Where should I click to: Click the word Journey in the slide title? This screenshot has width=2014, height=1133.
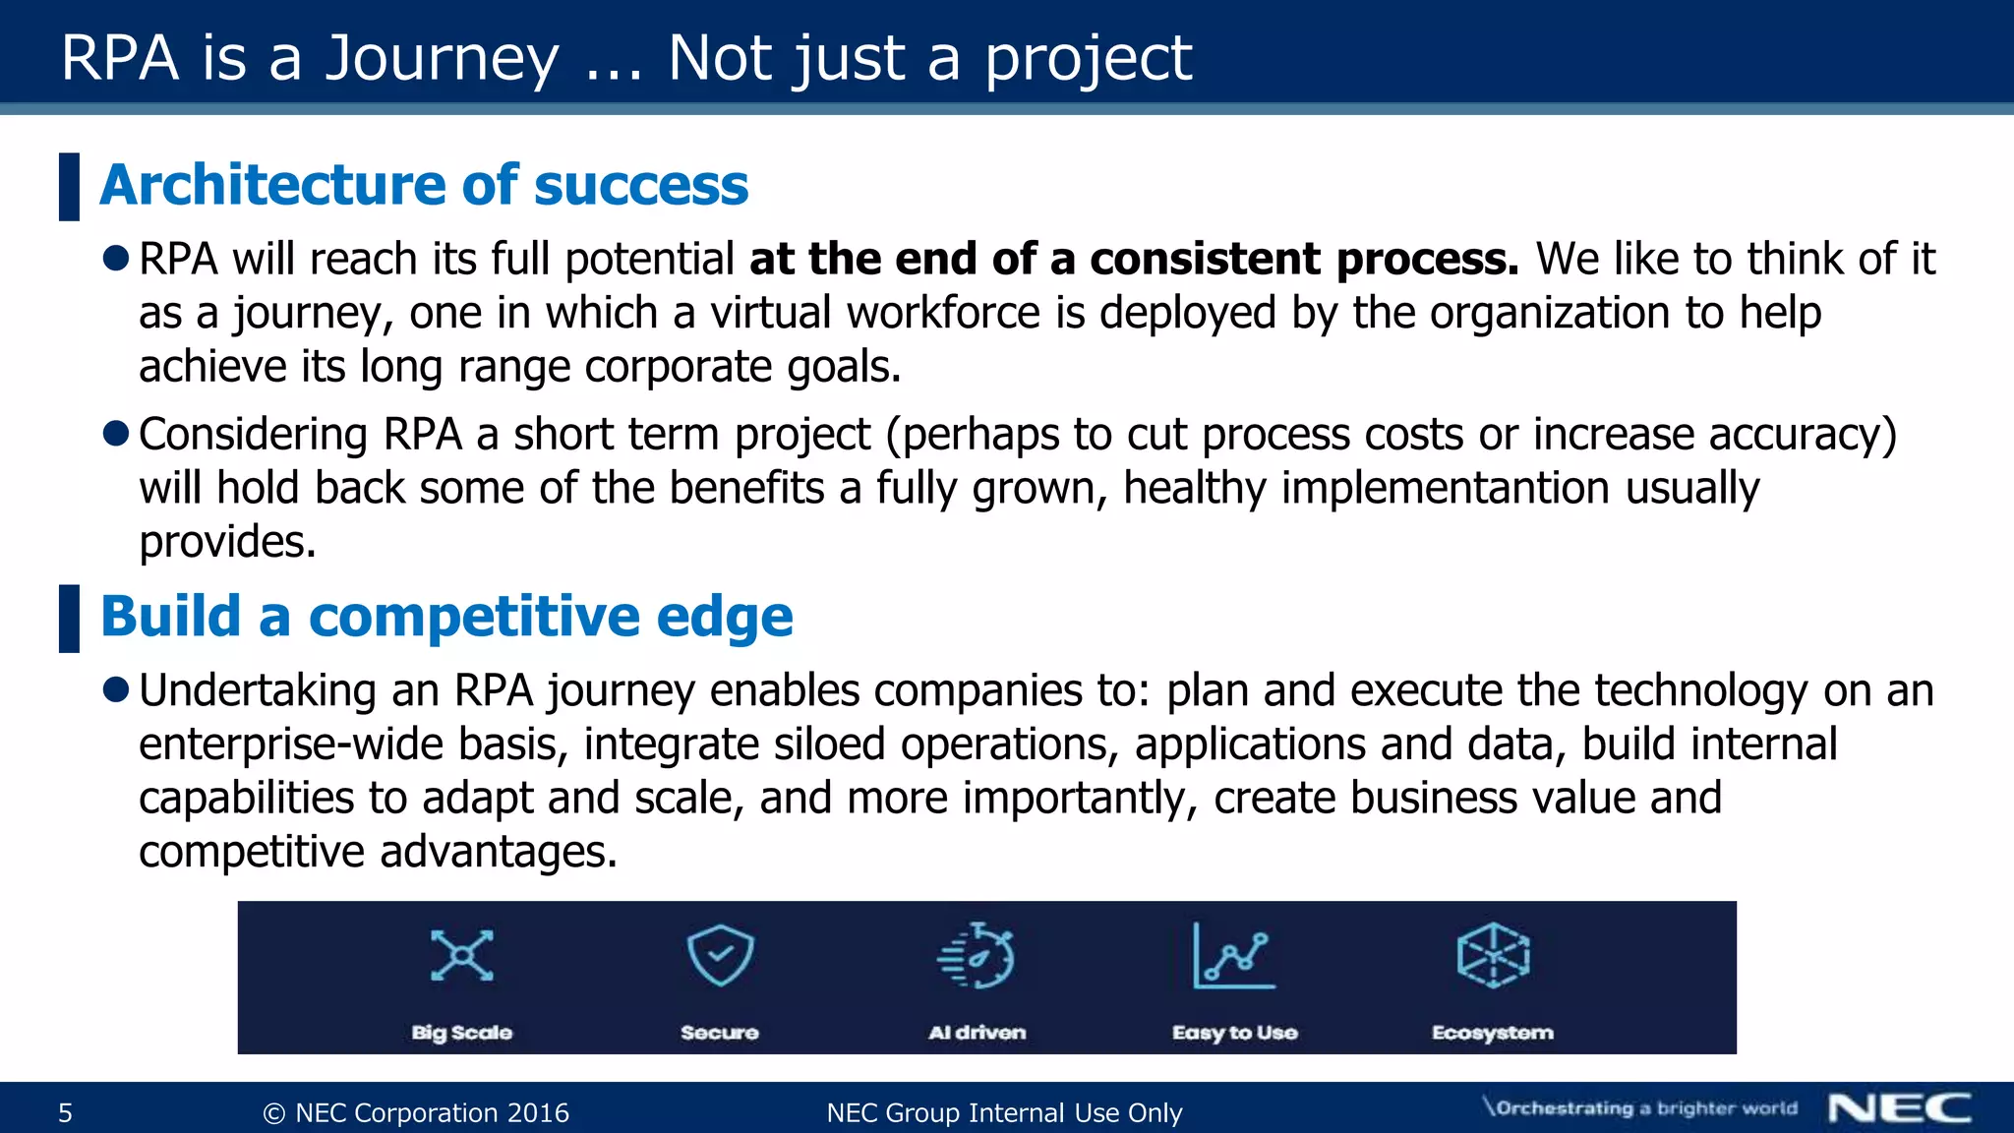442,59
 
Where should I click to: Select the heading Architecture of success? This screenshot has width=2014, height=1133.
424,185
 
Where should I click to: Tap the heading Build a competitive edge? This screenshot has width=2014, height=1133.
446,617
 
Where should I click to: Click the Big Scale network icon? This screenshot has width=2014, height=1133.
462,955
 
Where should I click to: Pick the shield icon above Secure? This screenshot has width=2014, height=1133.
720,955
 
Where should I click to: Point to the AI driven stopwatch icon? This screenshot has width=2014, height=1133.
977,955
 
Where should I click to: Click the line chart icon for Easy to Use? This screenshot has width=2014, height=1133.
1233,955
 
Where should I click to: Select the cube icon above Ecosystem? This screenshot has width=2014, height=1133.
1493,955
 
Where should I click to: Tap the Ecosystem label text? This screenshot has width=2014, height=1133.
1492,1033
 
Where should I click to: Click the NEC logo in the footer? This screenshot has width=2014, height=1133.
1899,1108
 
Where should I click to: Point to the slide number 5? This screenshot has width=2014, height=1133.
66,1113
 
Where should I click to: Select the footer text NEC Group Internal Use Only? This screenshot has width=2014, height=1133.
1004,1113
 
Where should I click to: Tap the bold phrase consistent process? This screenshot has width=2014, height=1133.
1304,260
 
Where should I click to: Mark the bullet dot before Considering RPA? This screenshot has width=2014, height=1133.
116,434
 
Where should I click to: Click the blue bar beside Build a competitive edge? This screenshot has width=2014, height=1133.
69,619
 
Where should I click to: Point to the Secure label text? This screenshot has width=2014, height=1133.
720,1033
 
